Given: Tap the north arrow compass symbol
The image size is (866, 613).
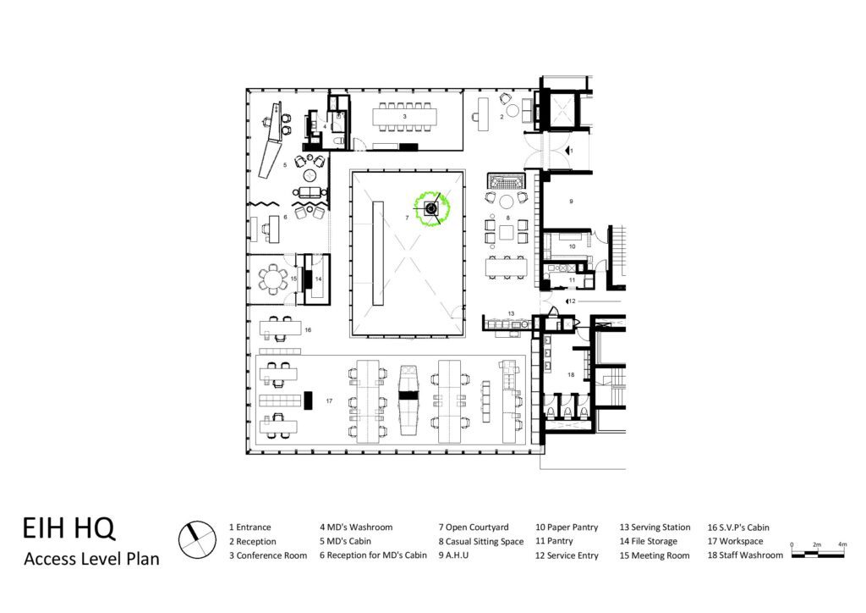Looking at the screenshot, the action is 197,540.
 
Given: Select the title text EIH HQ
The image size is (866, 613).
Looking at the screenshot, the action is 69,527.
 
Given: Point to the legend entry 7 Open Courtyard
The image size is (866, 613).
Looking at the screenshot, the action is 474,527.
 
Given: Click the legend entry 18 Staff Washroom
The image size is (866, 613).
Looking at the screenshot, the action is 745,555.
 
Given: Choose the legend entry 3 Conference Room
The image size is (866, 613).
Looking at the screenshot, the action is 268,555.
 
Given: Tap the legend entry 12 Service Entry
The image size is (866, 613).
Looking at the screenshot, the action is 567,555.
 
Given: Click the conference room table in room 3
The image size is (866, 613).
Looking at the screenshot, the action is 405,117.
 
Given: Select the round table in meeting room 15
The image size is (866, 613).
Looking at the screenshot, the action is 271,279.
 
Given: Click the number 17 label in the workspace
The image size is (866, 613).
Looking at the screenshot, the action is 329,400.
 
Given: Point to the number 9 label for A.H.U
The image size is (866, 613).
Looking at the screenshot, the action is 571,202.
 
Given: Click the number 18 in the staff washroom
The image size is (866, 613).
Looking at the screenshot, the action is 571,375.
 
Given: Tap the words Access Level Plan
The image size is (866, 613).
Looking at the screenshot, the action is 91,559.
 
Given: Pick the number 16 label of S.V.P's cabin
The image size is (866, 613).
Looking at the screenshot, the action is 308,330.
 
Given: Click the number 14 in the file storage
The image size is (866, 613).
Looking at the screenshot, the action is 318,279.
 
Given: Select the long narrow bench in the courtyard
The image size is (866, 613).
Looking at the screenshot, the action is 378,253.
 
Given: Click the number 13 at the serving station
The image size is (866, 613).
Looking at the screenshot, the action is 512,313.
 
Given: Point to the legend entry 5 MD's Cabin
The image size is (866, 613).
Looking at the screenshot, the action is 345,541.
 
